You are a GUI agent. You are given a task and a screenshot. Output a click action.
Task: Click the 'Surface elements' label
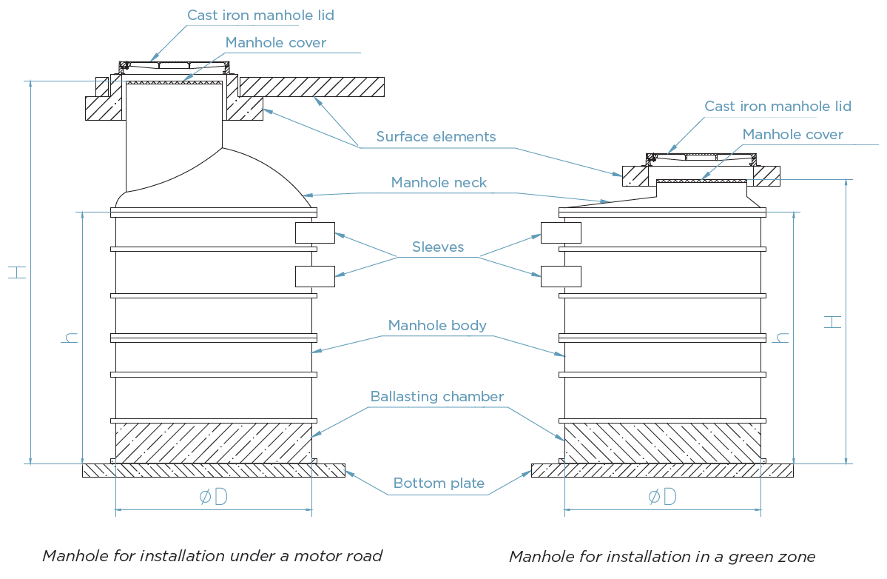[436, 136]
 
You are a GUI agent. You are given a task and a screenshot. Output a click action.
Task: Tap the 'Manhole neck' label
[439, 182]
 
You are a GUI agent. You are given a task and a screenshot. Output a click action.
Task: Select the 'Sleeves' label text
[438, 247]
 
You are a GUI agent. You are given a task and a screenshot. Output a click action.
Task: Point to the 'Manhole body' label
[437, 326]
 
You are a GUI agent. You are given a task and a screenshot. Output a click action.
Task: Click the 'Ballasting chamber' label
[436, 396]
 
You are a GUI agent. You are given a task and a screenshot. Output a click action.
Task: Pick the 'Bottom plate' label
[439, 483]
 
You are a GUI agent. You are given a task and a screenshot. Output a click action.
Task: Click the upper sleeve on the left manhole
[315, 232]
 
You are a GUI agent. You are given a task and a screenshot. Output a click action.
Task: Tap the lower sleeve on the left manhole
[315, 276]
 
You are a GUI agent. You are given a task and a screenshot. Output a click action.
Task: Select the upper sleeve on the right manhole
[561, 232]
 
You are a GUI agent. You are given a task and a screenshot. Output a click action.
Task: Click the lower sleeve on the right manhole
[561, 276]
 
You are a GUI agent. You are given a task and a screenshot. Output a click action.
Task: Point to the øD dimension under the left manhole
[214, 497]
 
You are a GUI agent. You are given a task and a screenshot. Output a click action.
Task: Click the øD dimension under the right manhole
[662, 497]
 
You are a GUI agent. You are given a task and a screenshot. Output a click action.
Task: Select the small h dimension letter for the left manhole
[71, 338]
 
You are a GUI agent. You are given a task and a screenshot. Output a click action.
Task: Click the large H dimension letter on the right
[832, 322]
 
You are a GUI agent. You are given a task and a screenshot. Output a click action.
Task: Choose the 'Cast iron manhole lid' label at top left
[261, 16]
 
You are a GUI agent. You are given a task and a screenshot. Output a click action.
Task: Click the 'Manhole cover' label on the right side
[792, 134]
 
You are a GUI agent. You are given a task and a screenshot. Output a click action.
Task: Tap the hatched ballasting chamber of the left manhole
[214, 443]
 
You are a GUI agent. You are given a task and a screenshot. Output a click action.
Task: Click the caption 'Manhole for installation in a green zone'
[662, 556]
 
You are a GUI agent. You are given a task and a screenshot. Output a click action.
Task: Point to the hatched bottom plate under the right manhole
[662, 470]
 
